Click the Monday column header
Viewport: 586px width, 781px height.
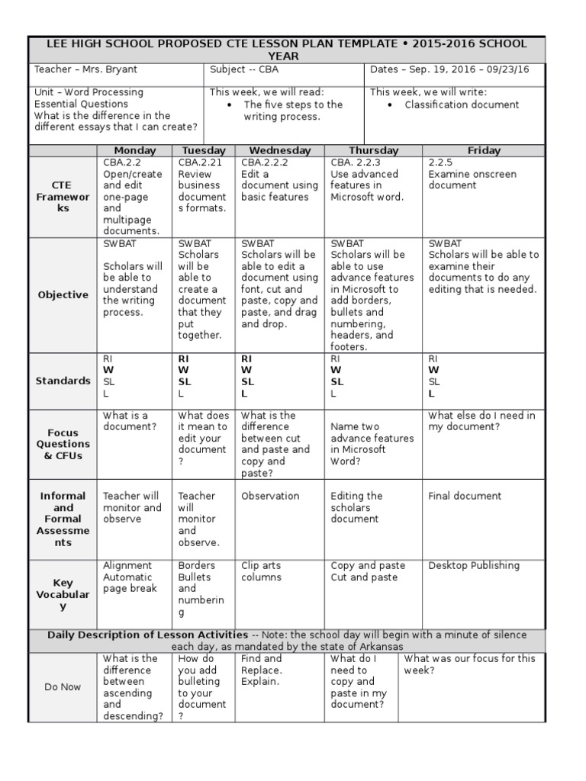click(x=134, y=150)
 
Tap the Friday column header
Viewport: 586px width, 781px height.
click(x=484, y=150)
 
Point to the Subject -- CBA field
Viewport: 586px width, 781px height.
click(x=245, y=70)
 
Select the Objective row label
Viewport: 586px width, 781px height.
click(x=63, y=294)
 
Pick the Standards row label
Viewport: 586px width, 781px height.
click(x=63, y=381)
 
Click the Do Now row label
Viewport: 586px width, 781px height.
click(x=63, y=686)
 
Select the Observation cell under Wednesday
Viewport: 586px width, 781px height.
click(x=270, y=496)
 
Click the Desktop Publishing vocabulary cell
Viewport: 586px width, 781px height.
click(x=473, y=565)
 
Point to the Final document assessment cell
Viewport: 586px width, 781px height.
click(x=465, y=496)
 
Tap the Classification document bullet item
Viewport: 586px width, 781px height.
click(x=462, y=104)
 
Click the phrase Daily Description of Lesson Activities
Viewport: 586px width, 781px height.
click(x=147, y=635)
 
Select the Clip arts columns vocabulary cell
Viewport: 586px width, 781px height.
click(x=261, y=571)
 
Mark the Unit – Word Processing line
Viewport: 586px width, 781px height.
click(x=89, y=92)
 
